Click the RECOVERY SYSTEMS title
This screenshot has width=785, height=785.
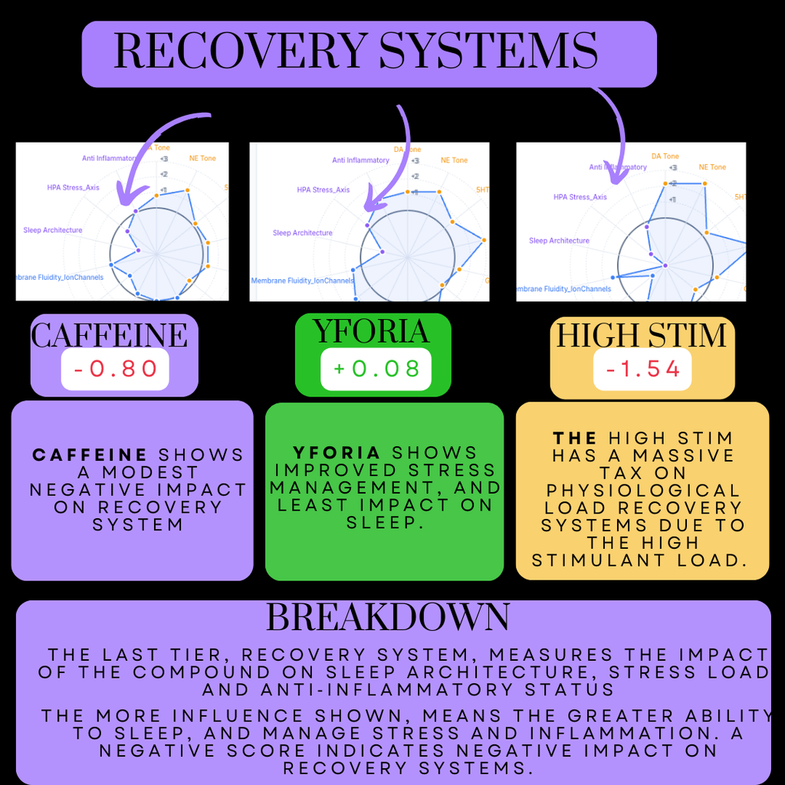pos(356,52)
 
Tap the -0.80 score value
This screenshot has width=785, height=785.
pos(115,369)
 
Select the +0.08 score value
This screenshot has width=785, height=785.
pos(376,369)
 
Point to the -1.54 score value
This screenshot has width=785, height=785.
pos(642,370)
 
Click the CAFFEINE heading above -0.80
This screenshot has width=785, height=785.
pos(109,335)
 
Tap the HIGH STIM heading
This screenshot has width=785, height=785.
pos(642,336)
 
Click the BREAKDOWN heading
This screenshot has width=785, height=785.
pos(387,617)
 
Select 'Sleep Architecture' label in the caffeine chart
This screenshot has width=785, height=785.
pos(53,230)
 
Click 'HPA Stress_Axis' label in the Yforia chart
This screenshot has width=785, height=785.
pos(324,190)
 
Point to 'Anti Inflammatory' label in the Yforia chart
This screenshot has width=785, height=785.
pos(360,160)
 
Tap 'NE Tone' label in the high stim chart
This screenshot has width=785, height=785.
pos(712,167)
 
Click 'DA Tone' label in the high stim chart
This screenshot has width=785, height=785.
pos(665,156)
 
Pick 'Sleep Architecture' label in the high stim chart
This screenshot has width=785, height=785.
pos(559,241)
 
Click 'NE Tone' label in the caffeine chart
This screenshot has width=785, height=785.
pos(202,159)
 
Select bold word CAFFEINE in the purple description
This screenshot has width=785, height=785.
pos(89,455)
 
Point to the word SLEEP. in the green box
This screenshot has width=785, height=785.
pos(384,522)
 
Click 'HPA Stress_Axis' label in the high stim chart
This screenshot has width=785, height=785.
pos(580,197)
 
